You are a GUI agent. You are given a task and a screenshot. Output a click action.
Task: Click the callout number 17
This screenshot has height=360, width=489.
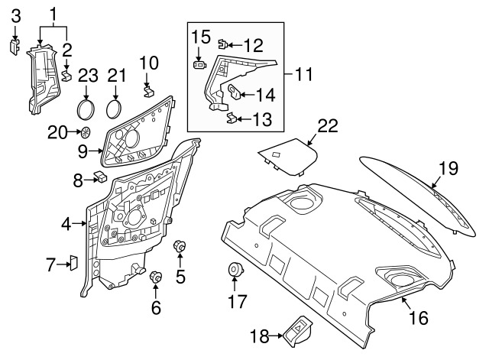coord(235,302)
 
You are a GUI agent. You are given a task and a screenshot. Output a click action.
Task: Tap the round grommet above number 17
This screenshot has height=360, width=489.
coord(235,271)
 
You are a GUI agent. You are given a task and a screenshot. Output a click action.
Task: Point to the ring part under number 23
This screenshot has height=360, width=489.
coord(87,105)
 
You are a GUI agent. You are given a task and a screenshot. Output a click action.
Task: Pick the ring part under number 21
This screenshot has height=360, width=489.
coord(115,105)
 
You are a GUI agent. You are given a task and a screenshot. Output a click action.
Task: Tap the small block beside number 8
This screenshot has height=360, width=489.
coord(100,178)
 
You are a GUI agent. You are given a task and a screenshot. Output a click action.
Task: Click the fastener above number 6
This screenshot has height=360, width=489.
coord(156,276)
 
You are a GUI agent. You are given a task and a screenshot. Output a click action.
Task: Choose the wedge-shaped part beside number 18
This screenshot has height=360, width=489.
coord(296,329)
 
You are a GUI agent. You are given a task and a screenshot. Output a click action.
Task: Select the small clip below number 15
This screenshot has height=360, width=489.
coord(199,65)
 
